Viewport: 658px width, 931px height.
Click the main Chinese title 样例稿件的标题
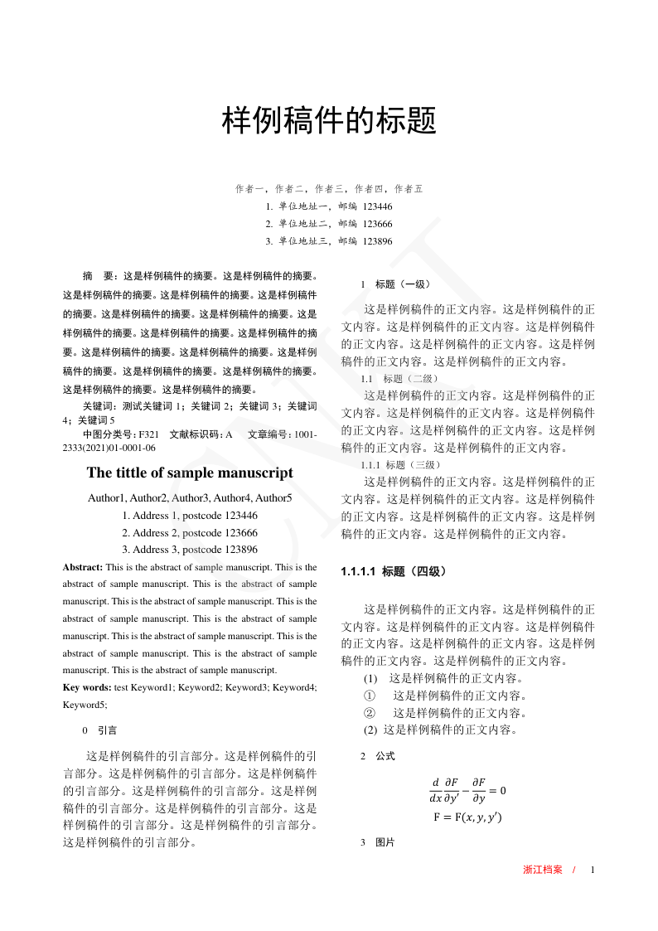(x=329, y=122)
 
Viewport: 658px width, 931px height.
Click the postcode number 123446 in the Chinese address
(x=378, y=206)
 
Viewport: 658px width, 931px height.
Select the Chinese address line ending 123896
(x=329, y=241)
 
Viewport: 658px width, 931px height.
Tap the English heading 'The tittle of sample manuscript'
(x=190, y=473)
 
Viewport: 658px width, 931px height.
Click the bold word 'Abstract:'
(x=83, y=568)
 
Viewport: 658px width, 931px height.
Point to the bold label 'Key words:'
(x=87, y=687)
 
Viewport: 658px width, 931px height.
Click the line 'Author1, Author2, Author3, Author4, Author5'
(x=190, y=498)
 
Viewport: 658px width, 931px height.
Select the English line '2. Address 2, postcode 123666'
(x=190, y=533)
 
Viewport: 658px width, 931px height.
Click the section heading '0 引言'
(x=100, y=731)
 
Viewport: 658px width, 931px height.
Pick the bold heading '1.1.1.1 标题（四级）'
(x=394, y=571)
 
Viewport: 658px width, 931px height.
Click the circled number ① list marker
(x=370, y=696)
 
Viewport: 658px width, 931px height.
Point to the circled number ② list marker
(x=370, y=713)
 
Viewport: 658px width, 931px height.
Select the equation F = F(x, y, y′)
(x=467, y=817)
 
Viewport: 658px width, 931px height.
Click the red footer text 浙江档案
(x=543, y=870)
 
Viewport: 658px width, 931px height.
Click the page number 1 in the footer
(x=593, y=870)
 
